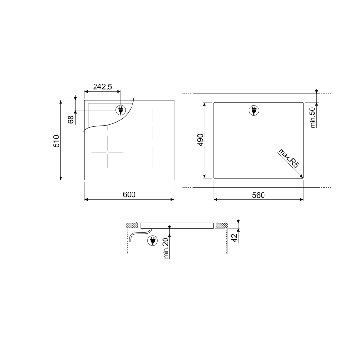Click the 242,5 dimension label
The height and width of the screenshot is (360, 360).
pos(102,87)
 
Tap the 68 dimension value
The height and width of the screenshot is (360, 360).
pos(71,120)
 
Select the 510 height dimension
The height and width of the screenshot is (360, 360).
pos(56,141)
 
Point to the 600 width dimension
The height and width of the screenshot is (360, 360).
pos(129,194)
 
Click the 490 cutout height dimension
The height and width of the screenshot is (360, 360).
pos(200,140)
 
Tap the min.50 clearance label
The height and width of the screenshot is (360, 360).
pos(312,117)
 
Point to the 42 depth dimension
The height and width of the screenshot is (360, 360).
pos(235,237)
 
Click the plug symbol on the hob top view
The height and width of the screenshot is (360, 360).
pos(120,110)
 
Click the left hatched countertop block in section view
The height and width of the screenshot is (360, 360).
pos(130,225)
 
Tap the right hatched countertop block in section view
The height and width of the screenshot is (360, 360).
pos(222,225)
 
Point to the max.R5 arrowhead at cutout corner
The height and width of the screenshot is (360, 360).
pos(301,175)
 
